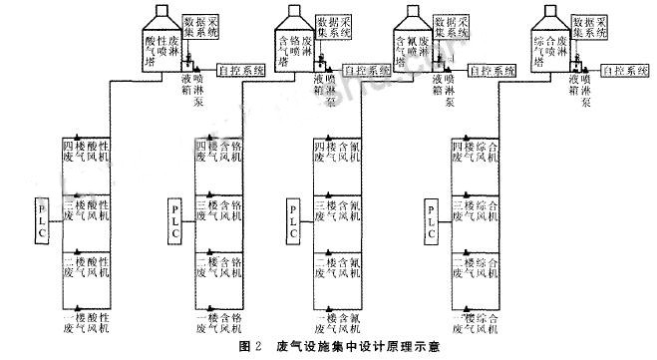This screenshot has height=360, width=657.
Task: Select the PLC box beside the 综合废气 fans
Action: [x=431, y=219]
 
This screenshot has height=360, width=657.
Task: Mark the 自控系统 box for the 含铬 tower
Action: [x=365, y=70]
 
